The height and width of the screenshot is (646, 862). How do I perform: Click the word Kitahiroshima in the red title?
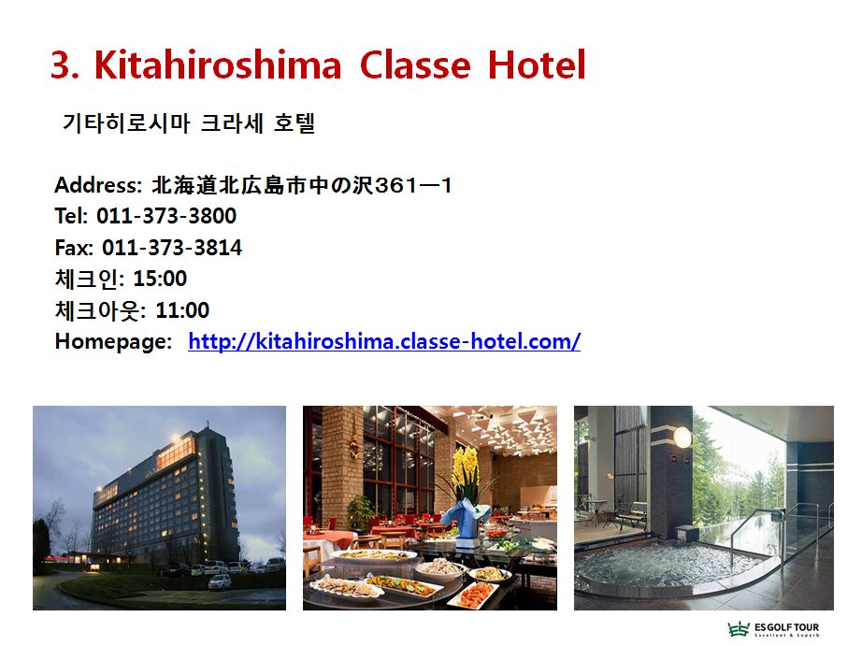tap(218, 65)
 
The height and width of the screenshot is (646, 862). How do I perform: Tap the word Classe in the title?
tap(415, 65)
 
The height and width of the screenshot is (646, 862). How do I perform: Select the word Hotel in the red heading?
tap(537, 65)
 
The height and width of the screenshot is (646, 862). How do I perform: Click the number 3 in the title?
tap(61, 65)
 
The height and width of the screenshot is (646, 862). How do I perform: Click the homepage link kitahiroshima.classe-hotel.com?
tap(384, 341)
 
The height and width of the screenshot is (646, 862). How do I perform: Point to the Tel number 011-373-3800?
tap(166, 216)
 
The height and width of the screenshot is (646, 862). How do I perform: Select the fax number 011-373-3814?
tap(172, 248)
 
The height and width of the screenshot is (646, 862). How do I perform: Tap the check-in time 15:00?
tap(160, 279)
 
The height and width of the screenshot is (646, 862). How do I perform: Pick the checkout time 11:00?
tap(182, 310)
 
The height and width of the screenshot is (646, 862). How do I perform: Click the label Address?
tap(98, 185)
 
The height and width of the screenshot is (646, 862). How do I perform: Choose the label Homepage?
tap(114, 341)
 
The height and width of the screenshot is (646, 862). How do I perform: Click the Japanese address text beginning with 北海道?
tap(302, 185)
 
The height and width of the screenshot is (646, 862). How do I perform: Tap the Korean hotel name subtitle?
tap(189, 122)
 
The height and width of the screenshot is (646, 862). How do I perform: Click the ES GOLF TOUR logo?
tap(773, 628)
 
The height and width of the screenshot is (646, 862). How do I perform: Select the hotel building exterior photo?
tap(160, 508)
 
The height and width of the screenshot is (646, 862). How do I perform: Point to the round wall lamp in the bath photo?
tap(682, 438)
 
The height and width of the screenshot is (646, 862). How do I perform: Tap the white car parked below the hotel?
tap(220, 581)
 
